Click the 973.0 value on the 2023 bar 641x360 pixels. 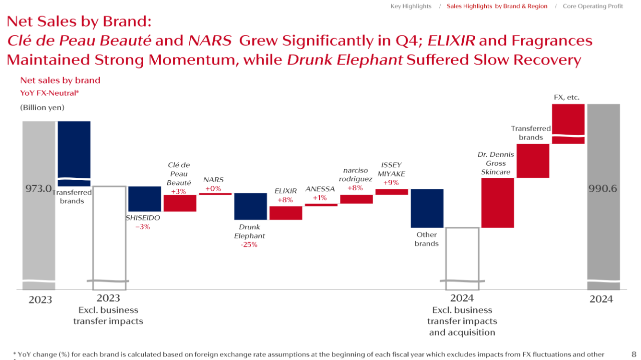pyautogui.click(x=39, y=189)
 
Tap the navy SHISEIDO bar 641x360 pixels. pyautogui.click(x=144, y=199)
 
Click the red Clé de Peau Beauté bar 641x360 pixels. pyautogui.click(x=180, y=203)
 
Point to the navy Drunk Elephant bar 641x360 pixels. pyautogui.click(x=250, y=206)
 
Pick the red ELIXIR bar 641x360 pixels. pyautogui.click(x=285, y=213)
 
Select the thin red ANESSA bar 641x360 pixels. pyautogui.click(x=321, y=205)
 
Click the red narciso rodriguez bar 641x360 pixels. pyautogui.click(x=356, y=199)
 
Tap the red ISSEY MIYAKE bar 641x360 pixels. pyautogui.click(x=392, y=192)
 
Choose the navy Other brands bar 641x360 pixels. pyautogui.click(x=427, y=208)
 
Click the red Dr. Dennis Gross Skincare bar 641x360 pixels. pyautogui.click(x=497, y=203)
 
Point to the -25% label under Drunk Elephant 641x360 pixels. pyautogui.click(x=249, y=245)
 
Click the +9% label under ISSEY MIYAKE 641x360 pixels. pyautogui.click(x=391, y=183)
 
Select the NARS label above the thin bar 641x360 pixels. pyautogui.click(x=213, y=180)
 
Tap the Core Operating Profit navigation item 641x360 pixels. pyautogui.click(x=593, y=6)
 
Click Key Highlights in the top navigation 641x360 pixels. pyautogui.click(x=411, y=6)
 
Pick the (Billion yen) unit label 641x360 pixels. pyautogui.click(x=42, y=107)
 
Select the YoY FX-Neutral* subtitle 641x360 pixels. pyautogui.click(x=50, y=93)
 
